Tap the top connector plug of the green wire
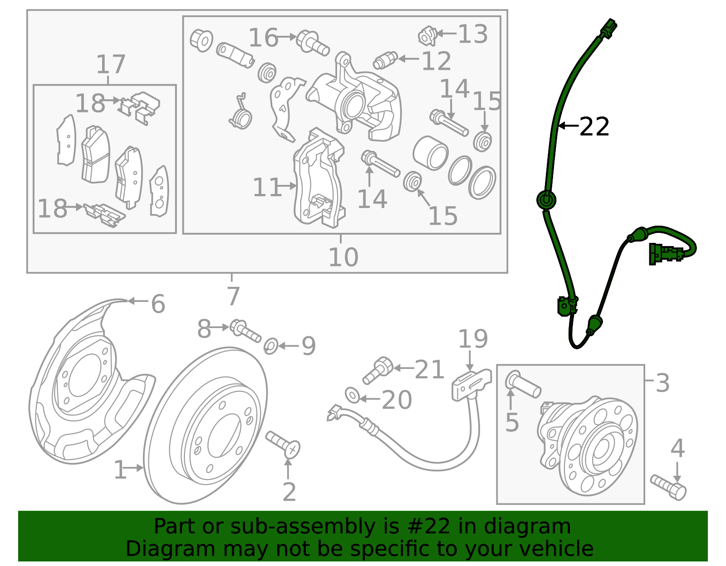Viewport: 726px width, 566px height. pyautogui.click(x=608, y=29)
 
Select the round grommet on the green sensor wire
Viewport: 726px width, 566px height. pyautogui.click(x=546, y=200)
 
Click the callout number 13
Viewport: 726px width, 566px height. pyautogui.click(x=472, y=34)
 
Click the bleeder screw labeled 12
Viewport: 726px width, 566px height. pyautogui.click(x=385, y=60)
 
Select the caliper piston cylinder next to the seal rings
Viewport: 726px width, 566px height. pyautogui.click(x=430, y=153)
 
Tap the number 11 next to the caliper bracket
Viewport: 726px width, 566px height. pyautogui.click(x=267, y=187)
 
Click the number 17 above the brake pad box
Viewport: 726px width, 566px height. pyautogui.click(x=111, y=64)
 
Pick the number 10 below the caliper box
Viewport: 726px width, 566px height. pyautogui.click(x=343, y=257)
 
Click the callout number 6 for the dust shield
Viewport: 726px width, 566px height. pyautogui.click(x=157, y=304)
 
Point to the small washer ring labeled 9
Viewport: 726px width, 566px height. pyautogui.click(x=271, y=346)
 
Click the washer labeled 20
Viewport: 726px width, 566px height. pyautogui.click(x=352, y=395)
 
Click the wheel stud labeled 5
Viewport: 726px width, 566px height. pyautogui.click(x=523, y=384)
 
